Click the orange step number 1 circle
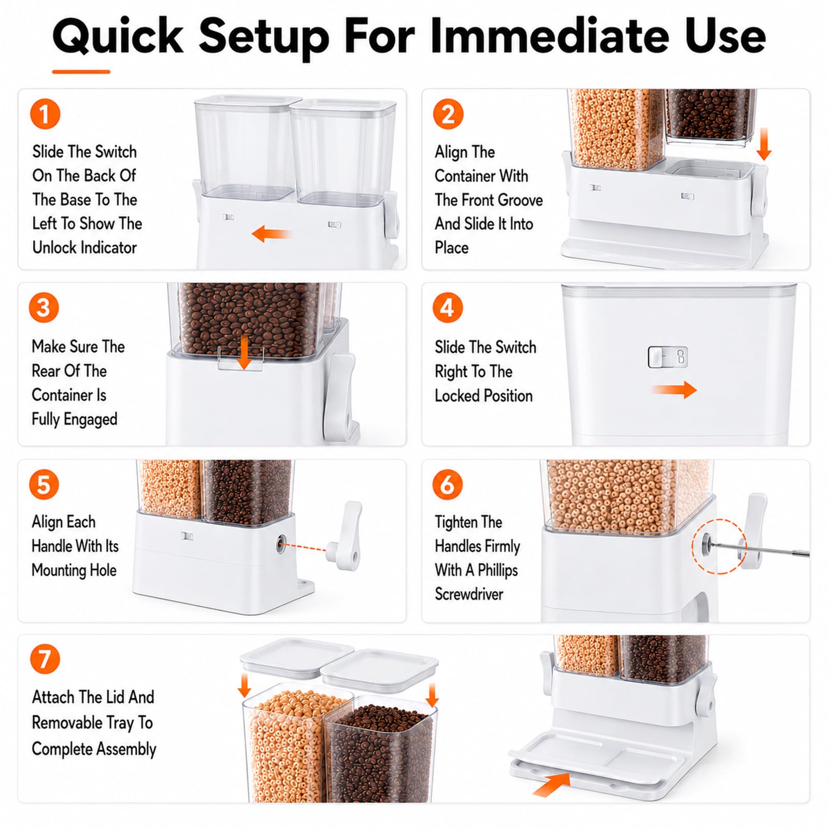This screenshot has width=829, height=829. point(45,114)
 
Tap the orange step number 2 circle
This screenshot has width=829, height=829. point(448,114)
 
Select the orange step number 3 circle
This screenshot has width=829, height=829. point(44,307)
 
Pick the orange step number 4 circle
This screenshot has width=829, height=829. point(448,307)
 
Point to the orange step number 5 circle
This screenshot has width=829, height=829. point(44,485)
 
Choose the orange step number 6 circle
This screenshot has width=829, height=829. point(448,485)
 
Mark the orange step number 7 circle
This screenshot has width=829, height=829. point(45,659)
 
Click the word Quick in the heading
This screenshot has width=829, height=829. point(118,36)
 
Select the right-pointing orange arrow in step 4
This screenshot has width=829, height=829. point(674,390)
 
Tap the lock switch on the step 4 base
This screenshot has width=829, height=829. point(668,357)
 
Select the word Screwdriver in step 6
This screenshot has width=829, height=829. point(469,594)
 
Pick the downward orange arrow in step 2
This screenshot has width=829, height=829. point(764,144)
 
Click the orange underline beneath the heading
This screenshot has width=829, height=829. point(81,72)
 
